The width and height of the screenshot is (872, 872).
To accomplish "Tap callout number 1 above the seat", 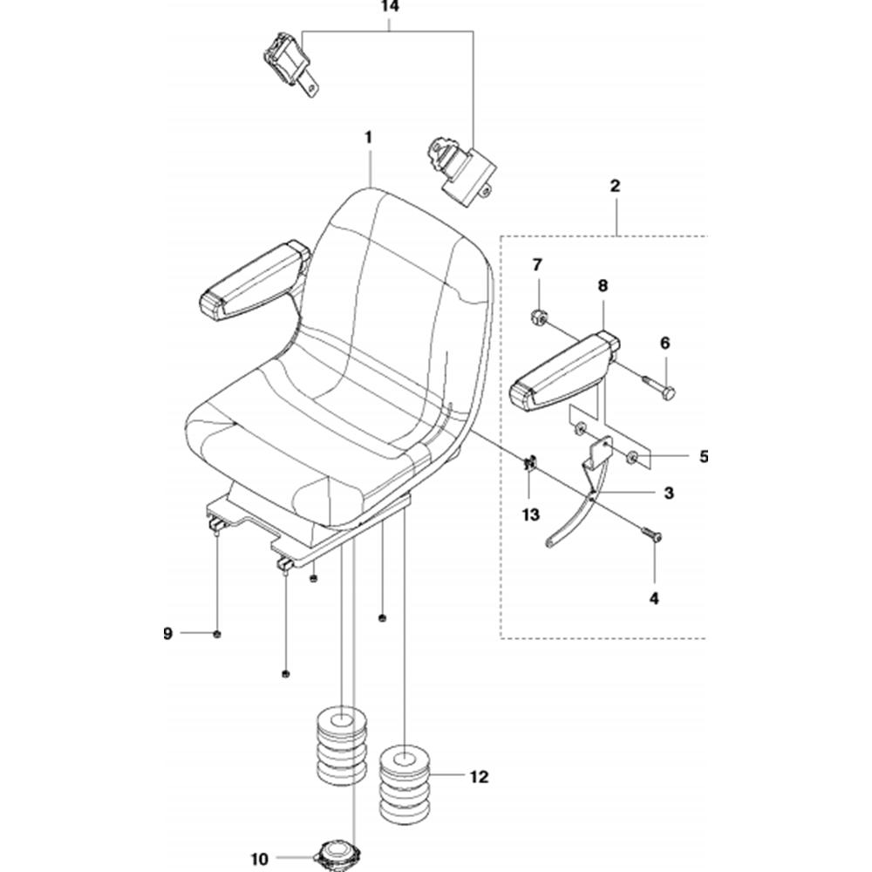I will pyautogui.click(x=369, y=137).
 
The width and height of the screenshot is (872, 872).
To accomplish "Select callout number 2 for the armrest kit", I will pyautogui.click(x=616, y=186).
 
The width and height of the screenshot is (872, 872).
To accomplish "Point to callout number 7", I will pyautogui.click(x=537, y=265).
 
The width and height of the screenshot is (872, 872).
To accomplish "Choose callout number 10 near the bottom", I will pyautogui.click(x=259, y=859).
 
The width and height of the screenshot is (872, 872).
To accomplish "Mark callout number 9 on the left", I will pyautogui.click(x=168, y=633).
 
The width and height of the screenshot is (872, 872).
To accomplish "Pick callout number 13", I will pyautogui.click(x=531, y=515).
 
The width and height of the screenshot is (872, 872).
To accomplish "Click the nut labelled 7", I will pyautogui.click(x=539, y=318).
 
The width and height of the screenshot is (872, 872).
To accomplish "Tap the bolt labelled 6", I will pyautogui.click(x=659, y=387).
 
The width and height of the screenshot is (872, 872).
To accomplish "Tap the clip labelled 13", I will pyautogui.click(x=530, y=462).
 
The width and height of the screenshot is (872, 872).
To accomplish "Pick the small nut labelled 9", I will pyautogui.click(x=217, y=633).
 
